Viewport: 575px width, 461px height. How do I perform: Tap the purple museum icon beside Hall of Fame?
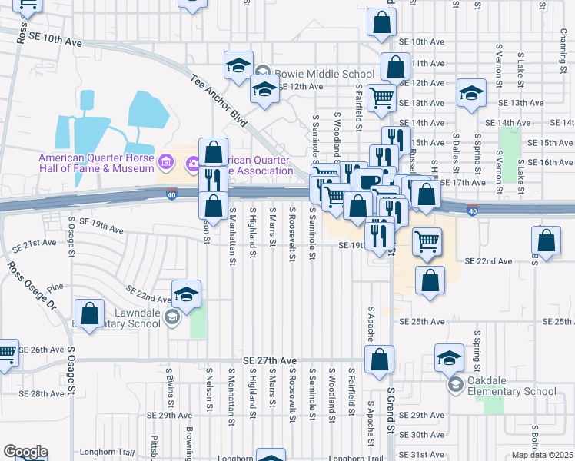[165, 162]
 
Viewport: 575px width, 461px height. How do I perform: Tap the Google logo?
[25, 452]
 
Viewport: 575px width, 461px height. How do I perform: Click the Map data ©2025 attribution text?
[543, 455]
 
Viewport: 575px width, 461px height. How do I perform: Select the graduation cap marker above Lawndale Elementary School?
[187, 294]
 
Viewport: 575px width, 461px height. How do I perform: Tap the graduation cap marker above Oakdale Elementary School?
[450, 357]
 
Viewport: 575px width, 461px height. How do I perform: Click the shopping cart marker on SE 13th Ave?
[382, 98]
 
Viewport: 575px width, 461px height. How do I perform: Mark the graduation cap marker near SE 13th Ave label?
[471, 94]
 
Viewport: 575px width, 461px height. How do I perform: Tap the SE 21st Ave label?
[39, 242]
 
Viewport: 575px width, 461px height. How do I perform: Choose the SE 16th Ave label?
[550, 162]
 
